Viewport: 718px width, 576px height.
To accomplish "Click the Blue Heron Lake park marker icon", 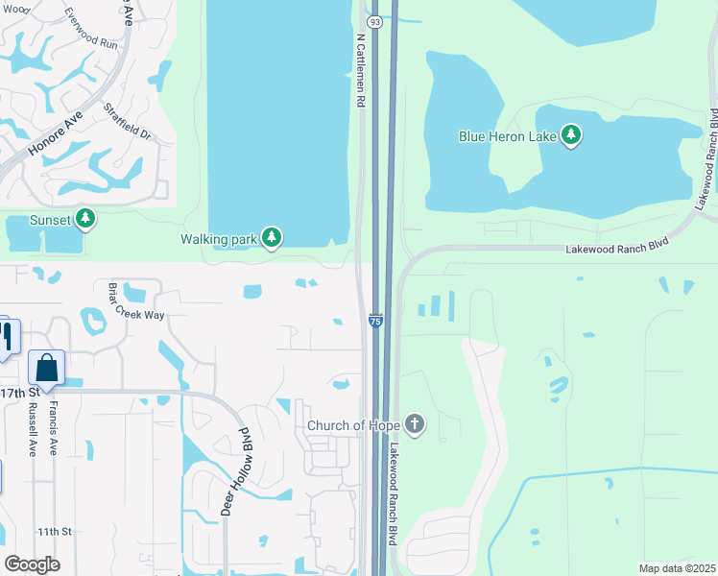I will coord(572,135).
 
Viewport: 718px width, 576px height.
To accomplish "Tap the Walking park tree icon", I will coord(272,237).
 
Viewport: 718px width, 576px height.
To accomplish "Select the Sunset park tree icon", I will coord(86,220).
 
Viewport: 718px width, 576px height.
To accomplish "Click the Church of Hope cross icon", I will coord(415,424).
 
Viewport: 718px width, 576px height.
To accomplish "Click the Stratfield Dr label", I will coord(128,122).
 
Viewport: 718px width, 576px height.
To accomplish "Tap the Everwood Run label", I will coord(89,30).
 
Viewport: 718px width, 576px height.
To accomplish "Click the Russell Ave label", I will coord(34,429).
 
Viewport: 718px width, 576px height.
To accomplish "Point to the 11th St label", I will coord(55,531).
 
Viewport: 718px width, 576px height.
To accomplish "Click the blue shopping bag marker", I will coord(46,368).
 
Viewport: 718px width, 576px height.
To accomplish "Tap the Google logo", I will coord(32,564).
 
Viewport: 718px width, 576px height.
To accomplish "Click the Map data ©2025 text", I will coord(676,568).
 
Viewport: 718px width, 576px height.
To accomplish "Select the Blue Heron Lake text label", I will coord(508,136).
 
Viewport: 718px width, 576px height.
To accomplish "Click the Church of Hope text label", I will coord(351,425).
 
